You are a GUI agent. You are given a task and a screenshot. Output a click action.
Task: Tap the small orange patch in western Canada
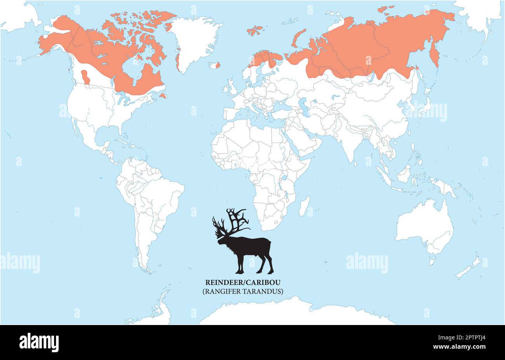(86, 77)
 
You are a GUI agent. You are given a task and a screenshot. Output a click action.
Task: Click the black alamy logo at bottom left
(39, 343)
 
